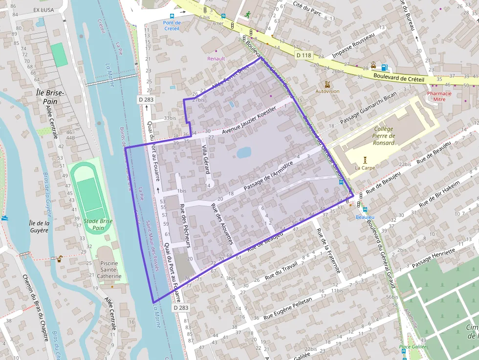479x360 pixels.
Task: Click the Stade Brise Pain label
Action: [98, 224]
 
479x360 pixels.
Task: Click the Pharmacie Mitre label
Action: [439, 96]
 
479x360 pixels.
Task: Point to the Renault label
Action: [216, 59]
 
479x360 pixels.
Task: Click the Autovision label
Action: [327, 91]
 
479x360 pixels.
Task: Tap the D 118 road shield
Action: [304, 55]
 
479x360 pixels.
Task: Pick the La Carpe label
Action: [364, 168]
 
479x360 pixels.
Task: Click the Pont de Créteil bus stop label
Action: [172, 25]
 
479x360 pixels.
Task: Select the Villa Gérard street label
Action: [206, 159]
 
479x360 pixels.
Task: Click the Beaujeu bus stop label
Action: [365, 216]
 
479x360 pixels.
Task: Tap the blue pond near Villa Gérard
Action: [244, 153]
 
